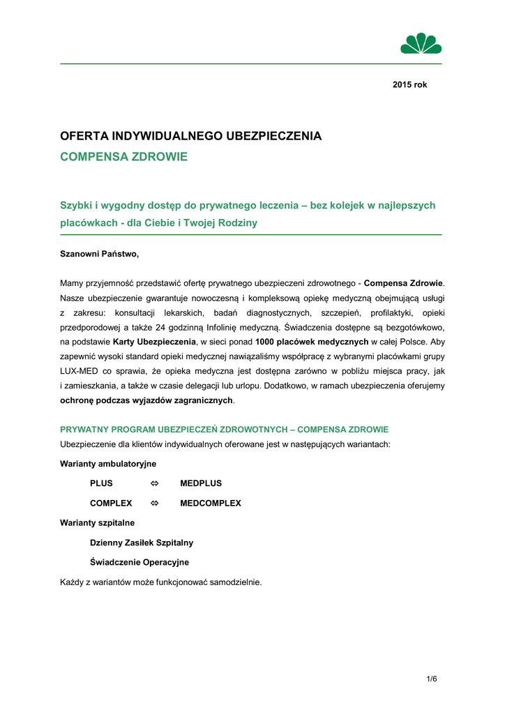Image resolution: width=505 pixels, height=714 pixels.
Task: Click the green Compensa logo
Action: (x=421, y=43)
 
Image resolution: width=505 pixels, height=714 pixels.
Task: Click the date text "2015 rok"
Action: (x=409, y=84)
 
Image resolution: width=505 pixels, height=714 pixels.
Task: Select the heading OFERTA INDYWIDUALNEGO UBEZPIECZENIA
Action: (x=191, y=136)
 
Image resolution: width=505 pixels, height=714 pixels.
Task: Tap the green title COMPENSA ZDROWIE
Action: (x=124, y=157)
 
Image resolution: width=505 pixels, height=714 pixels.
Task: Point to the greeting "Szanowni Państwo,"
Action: (x=100, y=254)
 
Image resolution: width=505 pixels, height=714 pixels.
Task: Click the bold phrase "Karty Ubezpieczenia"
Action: (x=154, y=342)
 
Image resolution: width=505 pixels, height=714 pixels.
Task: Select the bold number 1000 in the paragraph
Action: (x=267, y=342)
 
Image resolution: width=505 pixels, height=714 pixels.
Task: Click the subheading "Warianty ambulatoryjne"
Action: (x=108, y=463)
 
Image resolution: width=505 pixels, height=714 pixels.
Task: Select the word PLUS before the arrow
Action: (x=101, y=483)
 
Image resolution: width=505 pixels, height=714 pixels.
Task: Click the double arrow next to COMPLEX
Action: (x=155, y=503)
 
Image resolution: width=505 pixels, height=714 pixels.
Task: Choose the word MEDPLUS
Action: (x=201, y=483)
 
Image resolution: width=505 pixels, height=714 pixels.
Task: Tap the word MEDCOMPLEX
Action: (x=211, y=503)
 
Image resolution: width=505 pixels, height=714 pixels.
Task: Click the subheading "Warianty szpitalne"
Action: (x=98, y=522)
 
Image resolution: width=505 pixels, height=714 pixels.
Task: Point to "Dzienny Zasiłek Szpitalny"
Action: (x=142, y=542)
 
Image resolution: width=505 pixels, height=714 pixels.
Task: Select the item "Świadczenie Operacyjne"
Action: (x=140, y=562)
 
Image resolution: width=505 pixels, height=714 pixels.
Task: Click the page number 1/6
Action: (x=432, y=678)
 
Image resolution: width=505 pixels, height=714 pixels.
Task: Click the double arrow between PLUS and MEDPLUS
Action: (x=155, y=483)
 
